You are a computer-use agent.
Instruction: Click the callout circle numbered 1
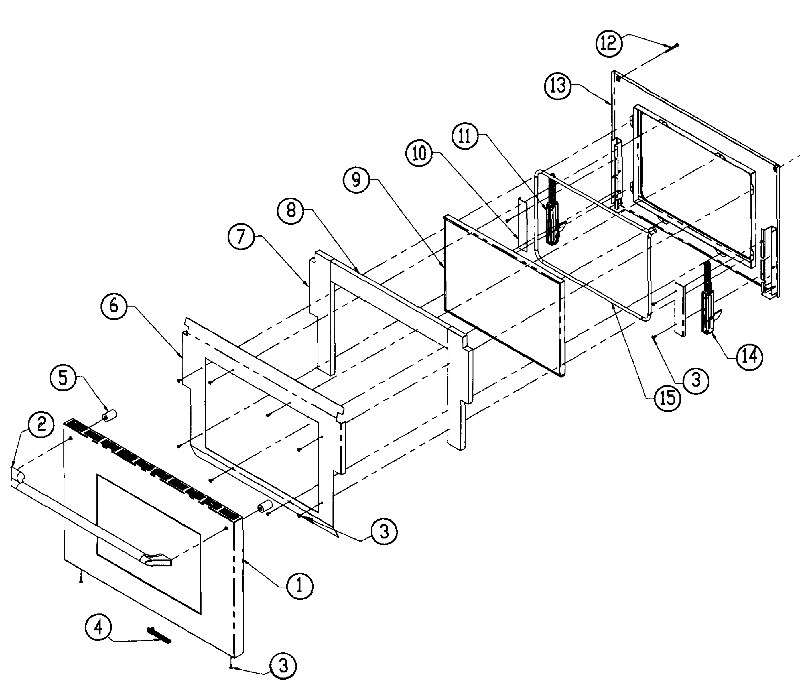pos(299,586)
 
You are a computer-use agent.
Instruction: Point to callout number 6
pos(114,306)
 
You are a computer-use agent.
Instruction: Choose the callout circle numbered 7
pos(241,237)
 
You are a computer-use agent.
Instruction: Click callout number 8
pos(291,211)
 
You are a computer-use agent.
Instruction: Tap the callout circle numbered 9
pos(356,180)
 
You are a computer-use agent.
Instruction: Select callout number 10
pos(419,153)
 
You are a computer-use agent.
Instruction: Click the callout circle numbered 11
pos(465,136)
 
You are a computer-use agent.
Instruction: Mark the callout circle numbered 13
pos(558,86)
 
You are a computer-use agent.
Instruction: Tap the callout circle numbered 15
pos(668,398)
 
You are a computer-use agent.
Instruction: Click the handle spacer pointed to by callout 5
pos(109,417)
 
